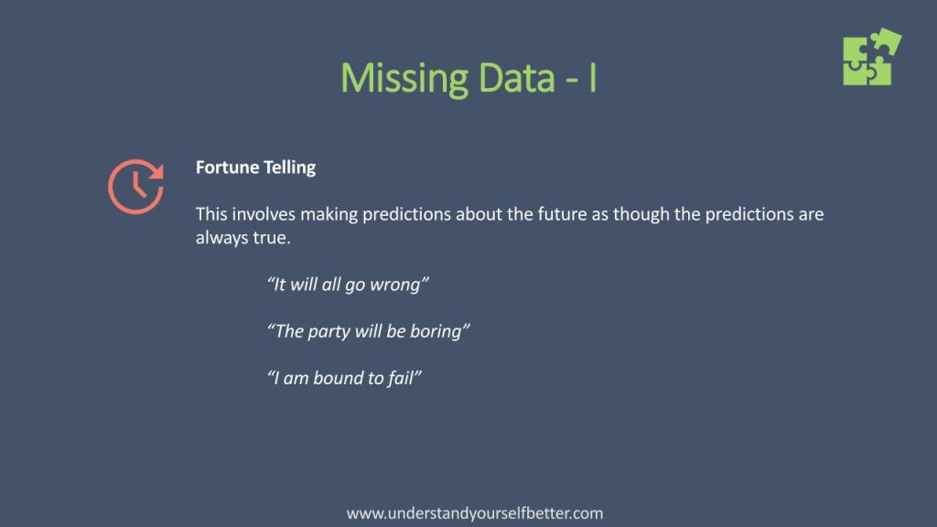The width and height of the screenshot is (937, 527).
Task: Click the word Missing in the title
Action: tap(404, 79)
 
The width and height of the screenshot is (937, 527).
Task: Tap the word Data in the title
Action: tap(517, 78)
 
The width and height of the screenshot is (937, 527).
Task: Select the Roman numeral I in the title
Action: tap(592, 78)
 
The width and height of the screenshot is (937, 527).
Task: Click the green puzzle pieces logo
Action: tap(872, 57)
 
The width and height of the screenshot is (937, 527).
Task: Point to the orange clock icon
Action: tap(135, 187)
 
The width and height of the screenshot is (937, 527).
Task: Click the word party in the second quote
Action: tap(327, 331)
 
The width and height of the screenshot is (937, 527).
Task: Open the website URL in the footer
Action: tap(475, 513)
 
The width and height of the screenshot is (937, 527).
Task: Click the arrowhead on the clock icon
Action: tap(156, 171)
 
